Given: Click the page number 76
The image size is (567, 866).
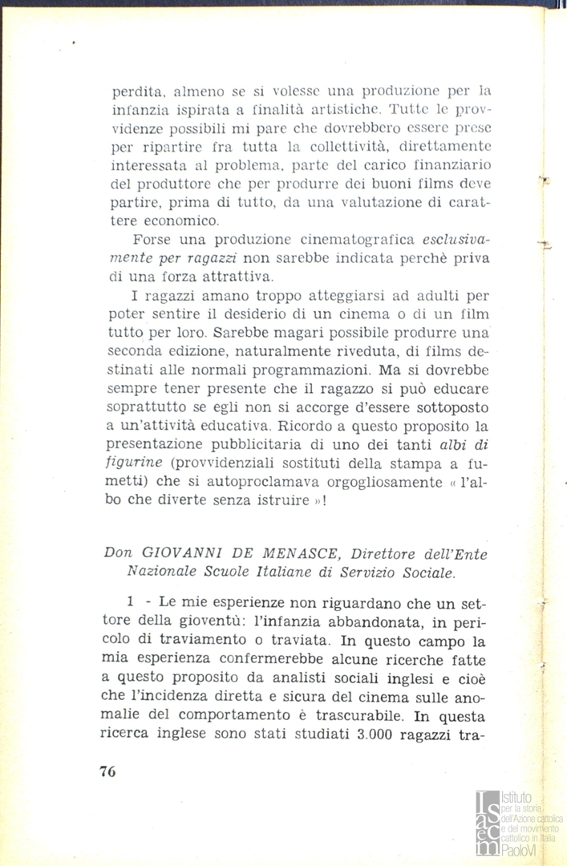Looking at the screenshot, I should point(107,771).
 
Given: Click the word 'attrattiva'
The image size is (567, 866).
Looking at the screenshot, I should point(233,277).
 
